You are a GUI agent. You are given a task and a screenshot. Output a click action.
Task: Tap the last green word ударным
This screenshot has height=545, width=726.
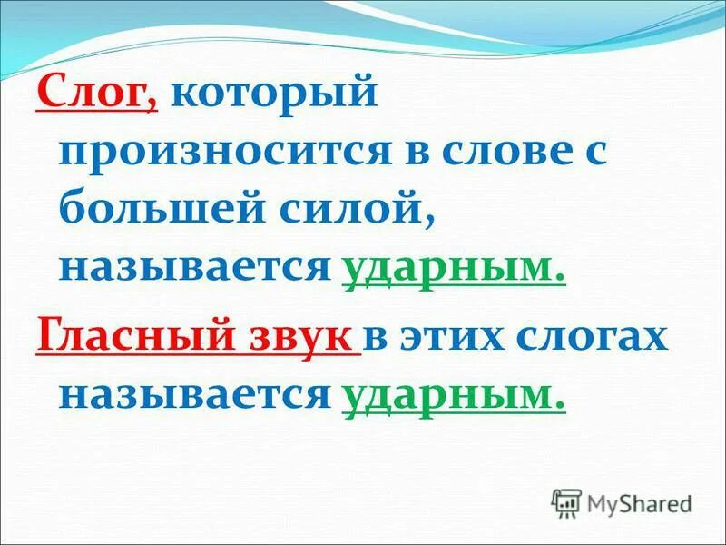pos(454,394)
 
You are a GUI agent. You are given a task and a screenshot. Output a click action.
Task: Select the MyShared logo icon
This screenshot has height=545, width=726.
pos(566,501)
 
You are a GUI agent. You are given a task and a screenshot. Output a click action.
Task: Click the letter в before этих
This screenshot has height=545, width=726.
pos(378,338)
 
